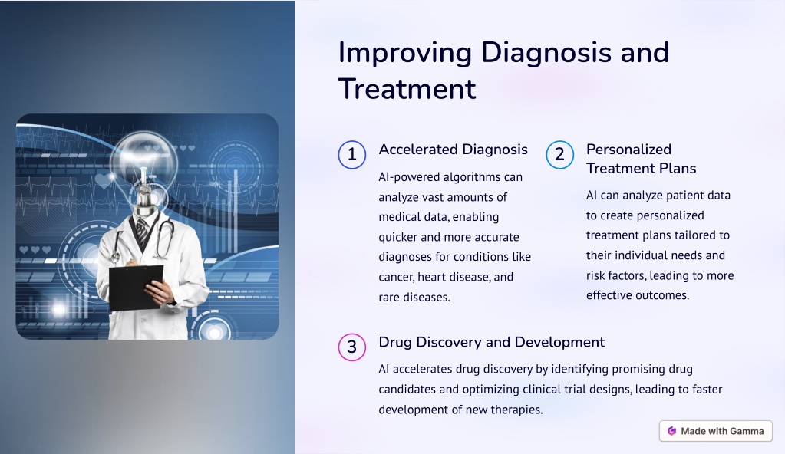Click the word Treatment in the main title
click(x=407, y=89)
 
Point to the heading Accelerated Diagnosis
click(x=453, y=150)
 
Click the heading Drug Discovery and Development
click(x=492, y=342)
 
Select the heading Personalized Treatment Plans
click(x=642, y=159)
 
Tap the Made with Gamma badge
click(x=716, y=431)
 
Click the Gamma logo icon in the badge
click(x=672, y=431)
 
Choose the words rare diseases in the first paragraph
click(x=414, y=298)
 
